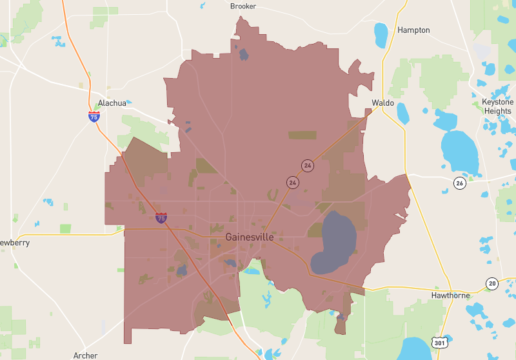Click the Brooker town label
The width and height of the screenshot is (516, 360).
pyautogui.click(x=243, y=6)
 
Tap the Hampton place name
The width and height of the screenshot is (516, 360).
pyautogui.click(x=413, y=30)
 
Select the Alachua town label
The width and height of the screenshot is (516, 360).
pyautogui.click(x=112, y=103)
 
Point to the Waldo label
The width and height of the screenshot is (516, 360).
pyautogui.click(x=382, y=103)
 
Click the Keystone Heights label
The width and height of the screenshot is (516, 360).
pyautogui.click(x=497, y=106)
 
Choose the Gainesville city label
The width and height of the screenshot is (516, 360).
pyautogui.click(x=250, y=237)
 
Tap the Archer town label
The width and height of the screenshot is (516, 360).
pyautogui.click(x=85, y=355)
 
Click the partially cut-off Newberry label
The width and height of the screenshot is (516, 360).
pyautogui.click(x=14, y=243)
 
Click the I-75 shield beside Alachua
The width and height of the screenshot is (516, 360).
pyautogui.click(x=94, y=117)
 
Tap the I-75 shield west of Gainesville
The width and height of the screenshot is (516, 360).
pyautogui.click(x=161, y=218)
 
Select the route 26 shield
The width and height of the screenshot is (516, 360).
pyautogui.click(x=459, y=183)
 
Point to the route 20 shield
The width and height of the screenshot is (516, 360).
pyautogui.click(x=493, y=285)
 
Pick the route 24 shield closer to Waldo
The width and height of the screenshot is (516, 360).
pyautogui.click(x=308, y=166)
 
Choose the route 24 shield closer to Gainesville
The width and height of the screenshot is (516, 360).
pyautogui.click(x=293, y=183)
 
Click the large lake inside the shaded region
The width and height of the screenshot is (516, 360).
pyautogui.click(x=334, y=243)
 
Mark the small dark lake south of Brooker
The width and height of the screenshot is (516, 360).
pyautogui.click(x=244, y=54)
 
